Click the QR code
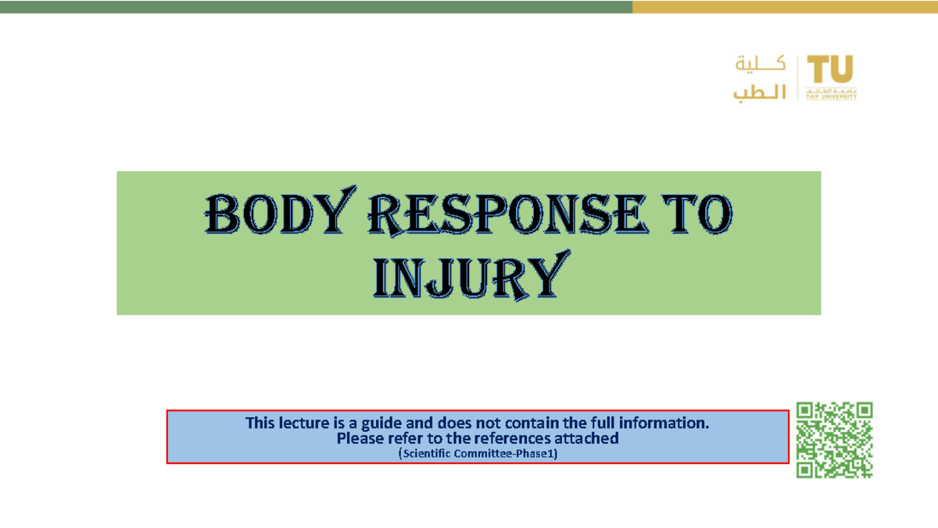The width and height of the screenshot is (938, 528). pyautogui.click(x=834, y=440)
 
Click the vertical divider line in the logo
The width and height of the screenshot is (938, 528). pyautogui.click(x=797, y=78)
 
